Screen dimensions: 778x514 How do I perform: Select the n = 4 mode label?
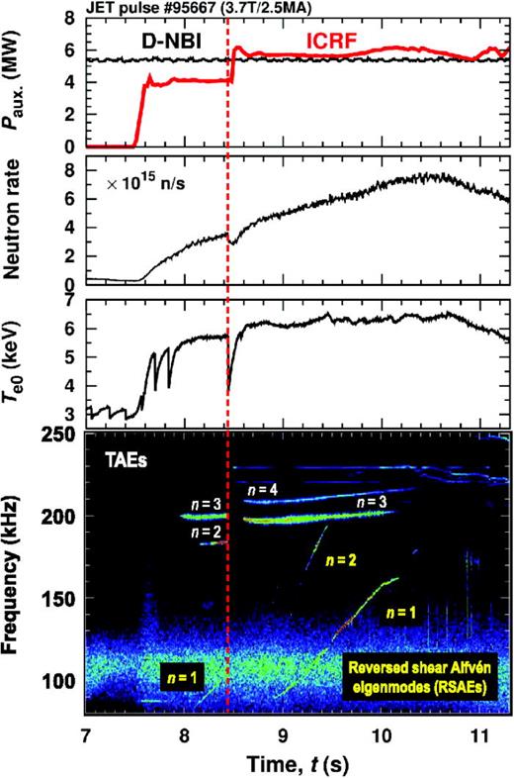click(263, 489)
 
